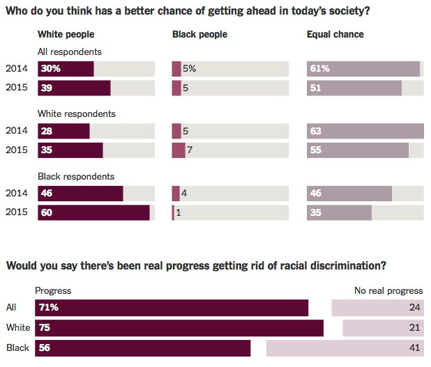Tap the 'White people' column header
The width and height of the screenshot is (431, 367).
pos(66,35)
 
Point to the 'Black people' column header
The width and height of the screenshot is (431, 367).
pos(199,35)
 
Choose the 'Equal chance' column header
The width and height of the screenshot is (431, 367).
pos(335,35)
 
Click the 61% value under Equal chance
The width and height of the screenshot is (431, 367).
pos(320,69)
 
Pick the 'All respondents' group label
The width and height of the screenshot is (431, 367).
pos(70,52)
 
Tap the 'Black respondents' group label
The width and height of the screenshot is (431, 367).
pos(75,177)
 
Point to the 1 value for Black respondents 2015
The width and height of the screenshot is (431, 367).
pos(179,213)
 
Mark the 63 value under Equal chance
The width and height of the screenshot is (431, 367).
pos(316,131)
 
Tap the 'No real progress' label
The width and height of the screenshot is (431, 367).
pos(389,291)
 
